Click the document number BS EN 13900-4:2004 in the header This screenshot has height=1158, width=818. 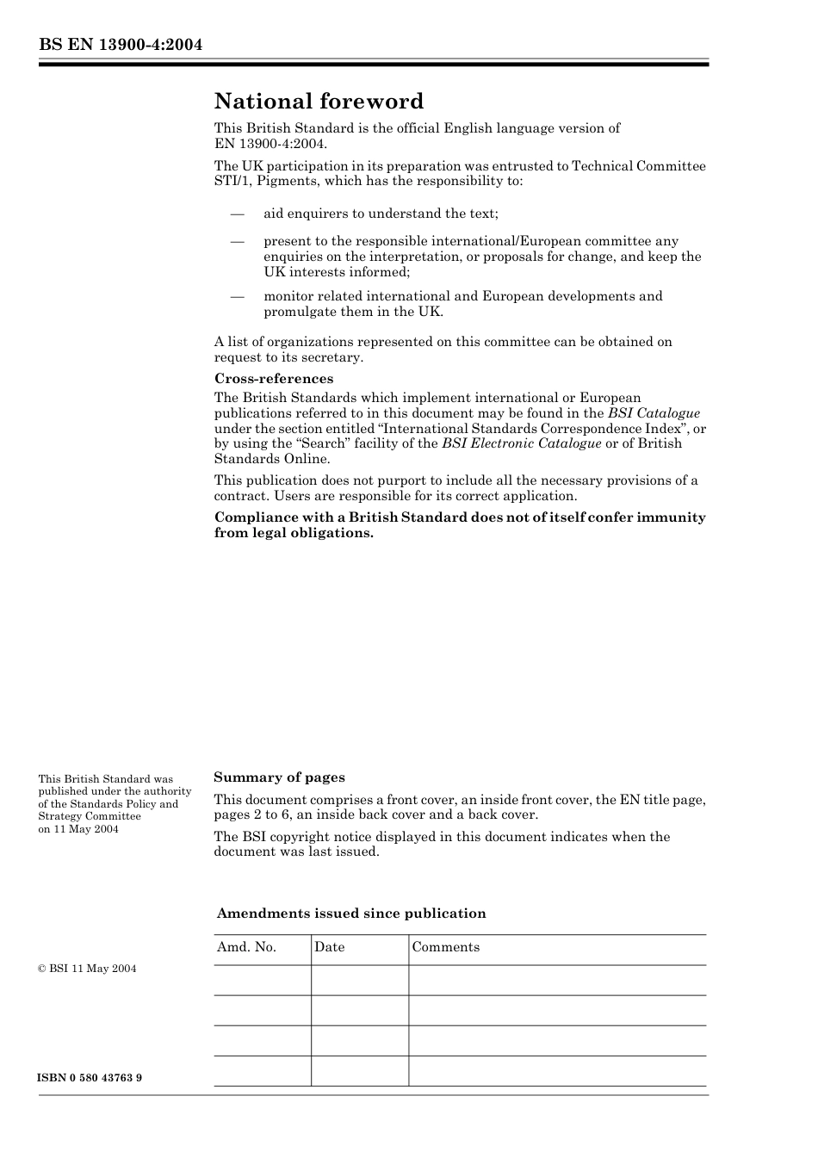[x=121, y=45]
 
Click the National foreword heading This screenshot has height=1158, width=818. [x=319, y=102]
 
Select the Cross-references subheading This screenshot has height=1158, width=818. [x=273, y=379]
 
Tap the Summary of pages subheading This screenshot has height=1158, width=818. [x=279, y=777]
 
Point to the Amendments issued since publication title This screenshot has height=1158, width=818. [x=351, y=913]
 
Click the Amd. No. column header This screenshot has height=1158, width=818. [x=246, y=947]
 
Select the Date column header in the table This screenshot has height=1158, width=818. [x=329, y=947]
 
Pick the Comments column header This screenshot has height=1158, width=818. [x=445, y=947]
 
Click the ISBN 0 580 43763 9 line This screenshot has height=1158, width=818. [x=90, y=1078]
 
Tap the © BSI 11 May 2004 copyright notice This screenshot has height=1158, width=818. [x=87, y=969]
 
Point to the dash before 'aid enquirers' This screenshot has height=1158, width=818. [x=237, y=214]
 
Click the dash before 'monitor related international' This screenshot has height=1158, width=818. [x=237, y=296]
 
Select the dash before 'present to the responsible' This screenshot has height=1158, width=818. [x=237, y=242]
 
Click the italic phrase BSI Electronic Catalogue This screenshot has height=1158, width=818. [x=521, y=443]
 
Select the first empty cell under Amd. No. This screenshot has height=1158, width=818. [x=262, y=980]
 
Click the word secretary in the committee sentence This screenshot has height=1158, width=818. [x=333, y=357]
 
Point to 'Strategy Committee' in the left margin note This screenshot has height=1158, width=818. [x=90, y=816]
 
